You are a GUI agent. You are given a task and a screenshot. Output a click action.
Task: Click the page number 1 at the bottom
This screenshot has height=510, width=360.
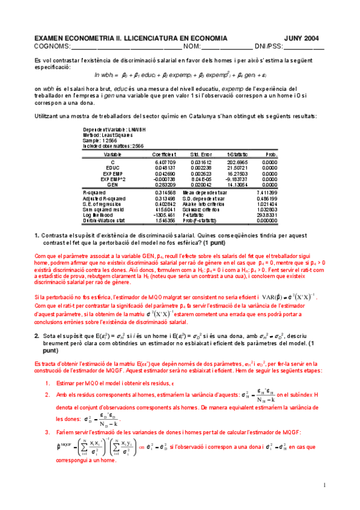[x=323, y=485]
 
